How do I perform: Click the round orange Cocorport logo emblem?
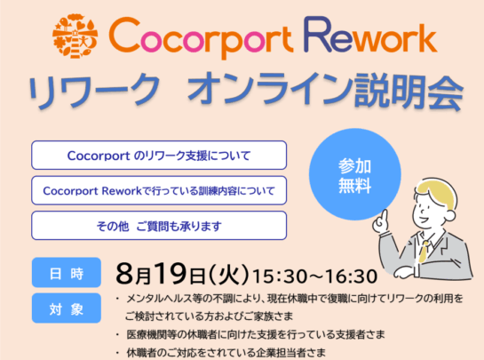75,36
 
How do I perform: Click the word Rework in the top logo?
370,36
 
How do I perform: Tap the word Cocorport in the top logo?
201,37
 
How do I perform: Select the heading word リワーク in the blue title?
95,90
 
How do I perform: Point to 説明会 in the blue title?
409,91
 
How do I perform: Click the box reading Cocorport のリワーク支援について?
159,156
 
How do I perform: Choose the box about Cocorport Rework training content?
159,190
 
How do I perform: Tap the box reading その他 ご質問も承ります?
159,226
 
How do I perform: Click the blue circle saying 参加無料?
355,174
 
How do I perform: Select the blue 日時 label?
67,273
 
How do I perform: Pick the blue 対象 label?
67,308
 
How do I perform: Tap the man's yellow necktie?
424,251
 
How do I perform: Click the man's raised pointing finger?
384,216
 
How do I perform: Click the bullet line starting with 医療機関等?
250,334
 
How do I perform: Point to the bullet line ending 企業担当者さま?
221,353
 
